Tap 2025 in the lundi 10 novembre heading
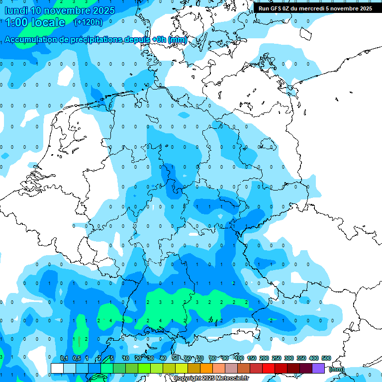103,10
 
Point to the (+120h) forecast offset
88,22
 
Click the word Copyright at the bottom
187,379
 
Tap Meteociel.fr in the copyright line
232,379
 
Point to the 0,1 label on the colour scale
64,359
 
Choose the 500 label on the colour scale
326,359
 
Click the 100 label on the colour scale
239,359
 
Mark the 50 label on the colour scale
176,359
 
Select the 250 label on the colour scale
277,359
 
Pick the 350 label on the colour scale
301,359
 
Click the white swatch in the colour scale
57,369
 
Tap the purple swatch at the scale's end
318,369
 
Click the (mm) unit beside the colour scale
337,369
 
